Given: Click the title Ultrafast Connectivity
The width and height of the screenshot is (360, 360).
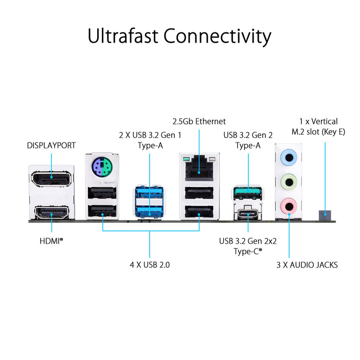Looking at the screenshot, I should pos(179,37).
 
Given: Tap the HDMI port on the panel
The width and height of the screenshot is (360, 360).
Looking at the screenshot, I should pos(51,212).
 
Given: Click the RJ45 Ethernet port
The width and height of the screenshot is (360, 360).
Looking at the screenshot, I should pos(199,168).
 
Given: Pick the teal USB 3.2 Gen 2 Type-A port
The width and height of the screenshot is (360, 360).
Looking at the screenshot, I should pos(248,193).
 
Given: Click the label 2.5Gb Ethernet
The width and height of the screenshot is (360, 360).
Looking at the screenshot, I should pos(199,121).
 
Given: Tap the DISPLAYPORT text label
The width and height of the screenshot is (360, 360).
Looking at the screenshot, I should pos(51,146).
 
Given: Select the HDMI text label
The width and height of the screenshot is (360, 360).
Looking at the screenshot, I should pos(51,240).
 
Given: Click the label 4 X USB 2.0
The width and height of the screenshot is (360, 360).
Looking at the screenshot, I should pos(150,265).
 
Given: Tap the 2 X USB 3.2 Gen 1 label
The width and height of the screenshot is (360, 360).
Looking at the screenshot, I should pos(150,140).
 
